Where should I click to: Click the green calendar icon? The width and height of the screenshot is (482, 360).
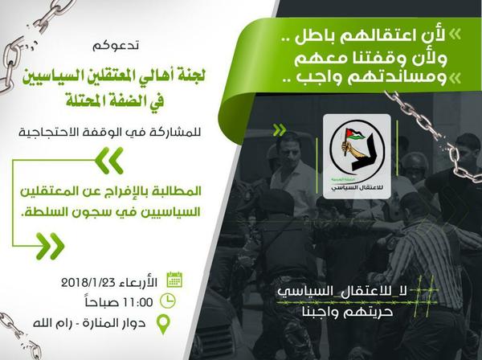tap(174, 280)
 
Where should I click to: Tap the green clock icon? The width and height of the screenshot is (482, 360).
tap(168, 301)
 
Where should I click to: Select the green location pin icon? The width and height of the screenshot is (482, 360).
tap(163, 325)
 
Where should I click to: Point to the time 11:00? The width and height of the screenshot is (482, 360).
tap(137, 302)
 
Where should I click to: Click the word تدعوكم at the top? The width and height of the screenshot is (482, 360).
tap(116, 46)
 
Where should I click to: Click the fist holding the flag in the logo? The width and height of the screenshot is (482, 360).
tap(347, 146)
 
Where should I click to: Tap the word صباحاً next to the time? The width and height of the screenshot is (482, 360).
tap(101, 302)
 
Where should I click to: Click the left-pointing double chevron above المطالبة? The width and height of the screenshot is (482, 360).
tap(109, 160)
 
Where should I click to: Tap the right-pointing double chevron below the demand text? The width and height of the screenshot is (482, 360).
tap(50, 246)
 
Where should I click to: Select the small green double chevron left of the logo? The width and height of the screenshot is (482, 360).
tap(280, 130)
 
